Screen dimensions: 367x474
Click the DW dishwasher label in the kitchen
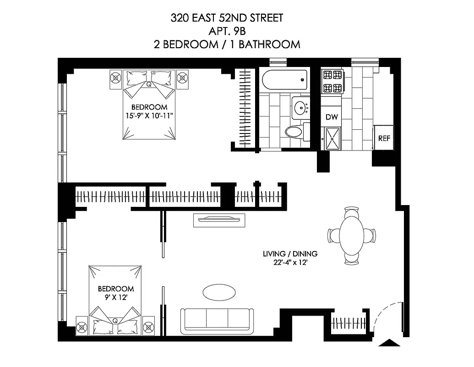tap(332, 117)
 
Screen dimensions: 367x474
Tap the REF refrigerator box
tap(384, 138)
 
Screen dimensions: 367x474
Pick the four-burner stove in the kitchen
tap(332, 81)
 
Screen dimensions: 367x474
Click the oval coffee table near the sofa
tap(220, 292)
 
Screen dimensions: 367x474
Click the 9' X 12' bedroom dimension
tap(116, 297)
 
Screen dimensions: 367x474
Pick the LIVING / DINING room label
tap(290, 254)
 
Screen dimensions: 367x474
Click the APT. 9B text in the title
tap(227, 32)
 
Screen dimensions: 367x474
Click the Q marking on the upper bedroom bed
tap(148, 84)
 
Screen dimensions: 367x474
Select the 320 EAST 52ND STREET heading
tap(227, 18)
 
